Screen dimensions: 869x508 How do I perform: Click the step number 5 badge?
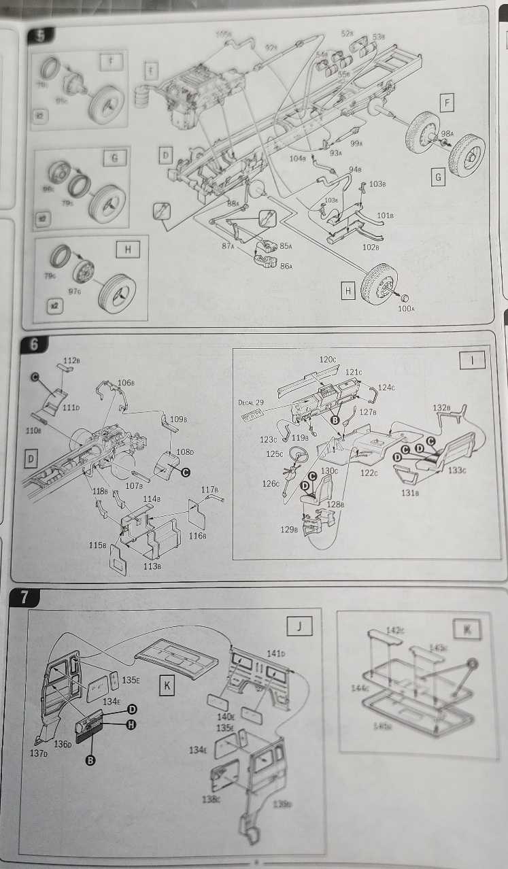tap(40, 36)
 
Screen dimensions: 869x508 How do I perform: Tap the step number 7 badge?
tap(25, 598)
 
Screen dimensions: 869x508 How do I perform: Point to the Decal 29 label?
tap(250, 403)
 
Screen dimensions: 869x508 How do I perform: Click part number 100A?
tap(407, 309)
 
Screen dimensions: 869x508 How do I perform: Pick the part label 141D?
tap(275, 653)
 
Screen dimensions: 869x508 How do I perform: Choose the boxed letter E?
tap(152, 71)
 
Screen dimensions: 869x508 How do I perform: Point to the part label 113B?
tap(152, 566)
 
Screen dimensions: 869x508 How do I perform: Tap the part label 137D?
tap(39, 753)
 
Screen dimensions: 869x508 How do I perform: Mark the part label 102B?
tap(371, 247)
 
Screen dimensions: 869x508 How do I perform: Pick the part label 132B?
tap(441, 407)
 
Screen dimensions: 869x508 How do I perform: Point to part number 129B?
tap(292, 529)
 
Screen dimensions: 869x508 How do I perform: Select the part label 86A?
tap(286, 266)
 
